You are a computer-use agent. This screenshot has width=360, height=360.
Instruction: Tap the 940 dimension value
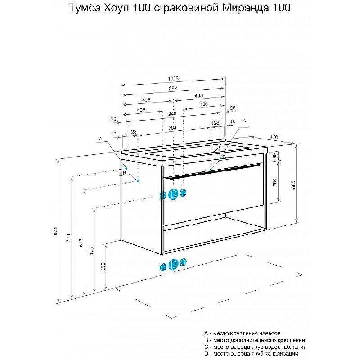pyautogui.click(x=172, y=114)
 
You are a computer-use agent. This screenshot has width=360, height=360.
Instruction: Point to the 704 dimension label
pyautogui.click(x=172, y=128)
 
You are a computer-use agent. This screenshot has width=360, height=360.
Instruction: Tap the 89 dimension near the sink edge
pyautogui.click(x=274, y=156)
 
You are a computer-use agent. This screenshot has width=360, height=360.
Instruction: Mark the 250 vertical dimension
pyautogui.click(x=103, y=266)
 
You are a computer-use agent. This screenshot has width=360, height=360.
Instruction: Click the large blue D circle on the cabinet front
pyautogui.click(x=173, y=194)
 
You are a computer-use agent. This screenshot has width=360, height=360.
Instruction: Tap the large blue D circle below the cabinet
pyautogui.click(x=173, y=265)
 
